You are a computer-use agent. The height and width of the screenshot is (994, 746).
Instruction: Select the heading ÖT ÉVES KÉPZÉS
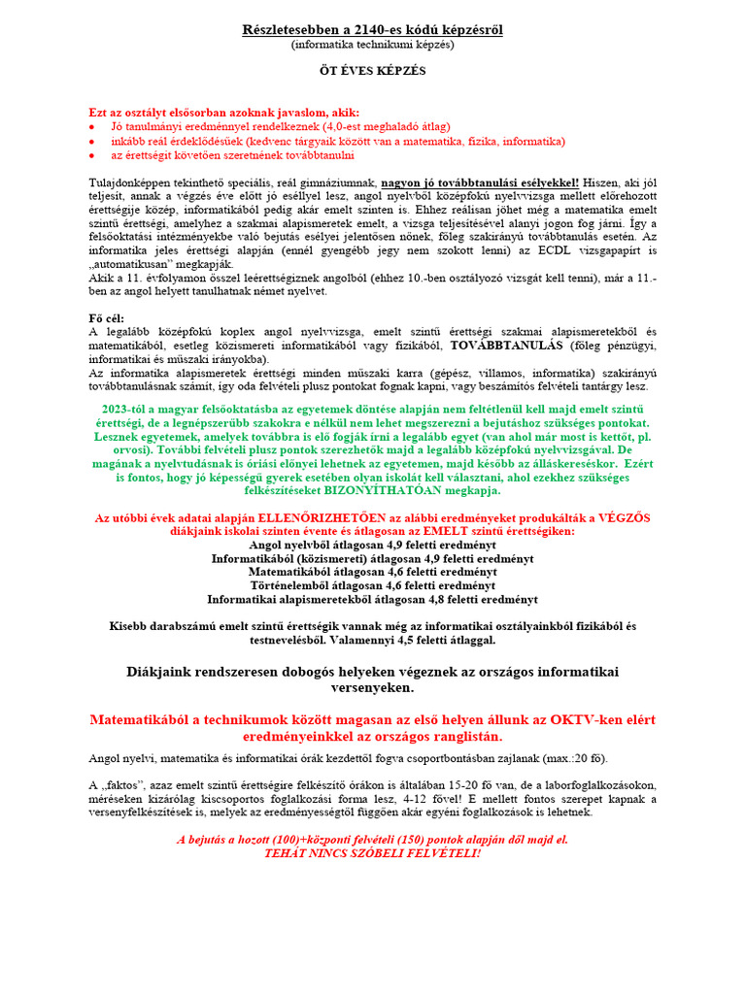(x=372, y=71)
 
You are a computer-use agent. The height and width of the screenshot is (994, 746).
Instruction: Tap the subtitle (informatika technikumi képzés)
(x=372, y=45)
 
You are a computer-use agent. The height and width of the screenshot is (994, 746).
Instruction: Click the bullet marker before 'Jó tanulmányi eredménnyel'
(x=92, y=127)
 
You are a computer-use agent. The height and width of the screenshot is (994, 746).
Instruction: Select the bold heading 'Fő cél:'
(x=110, y=318)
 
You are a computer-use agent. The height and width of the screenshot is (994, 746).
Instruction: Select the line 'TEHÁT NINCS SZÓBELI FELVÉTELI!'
(x=372, y=853)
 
